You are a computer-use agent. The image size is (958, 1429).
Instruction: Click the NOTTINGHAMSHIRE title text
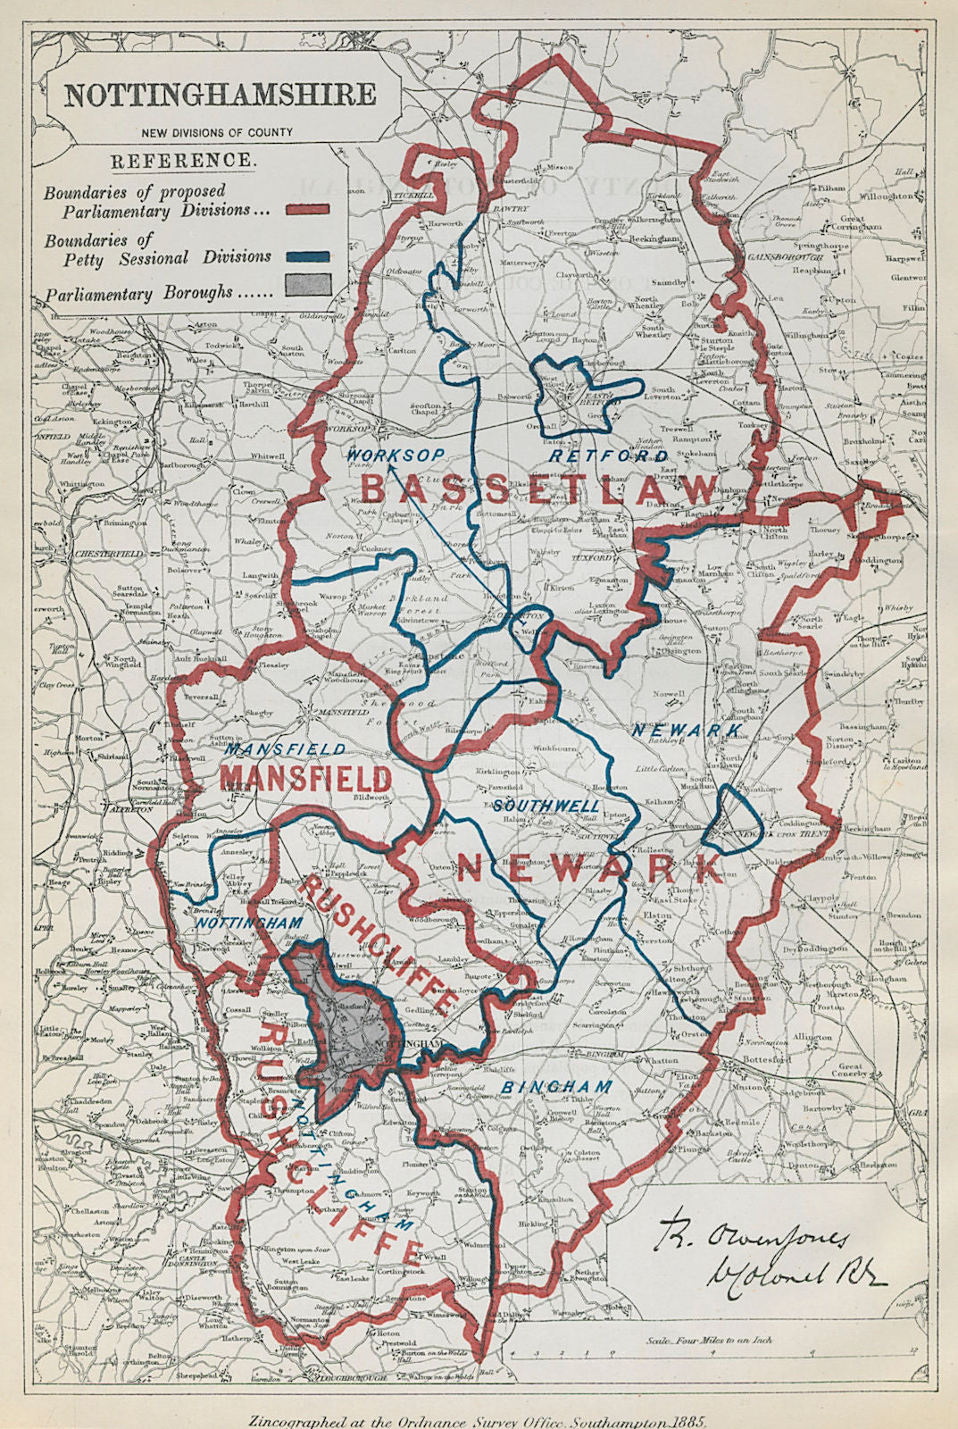(x=219, y=96)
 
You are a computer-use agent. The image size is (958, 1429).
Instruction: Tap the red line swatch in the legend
(x=308, y=209)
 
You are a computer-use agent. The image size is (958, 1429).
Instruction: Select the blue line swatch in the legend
(x=308, y=256)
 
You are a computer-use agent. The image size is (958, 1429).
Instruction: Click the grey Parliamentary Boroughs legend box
(x=308, y=285)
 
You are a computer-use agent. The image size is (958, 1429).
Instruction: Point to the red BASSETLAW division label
(x=540, y=489)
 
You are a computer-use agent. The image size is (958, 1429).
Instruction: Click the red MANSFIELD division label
(x=305, y=777)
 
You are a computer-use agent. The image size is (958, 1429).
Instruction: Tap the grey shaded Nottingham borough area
(x=348, y=1027)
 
